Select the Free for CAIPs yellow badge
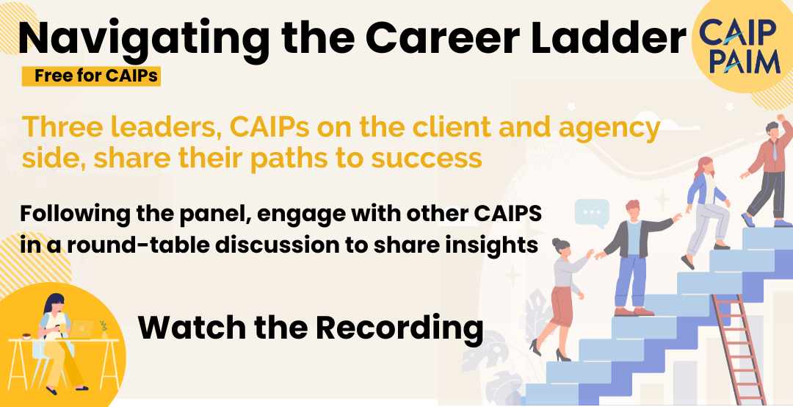coord(92,76)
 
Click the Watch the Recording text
coord(311,327)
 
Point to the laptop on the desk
coord(81,329)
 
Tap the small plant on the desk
coord(104,329)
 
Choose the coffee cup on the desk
coord(26,336)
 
